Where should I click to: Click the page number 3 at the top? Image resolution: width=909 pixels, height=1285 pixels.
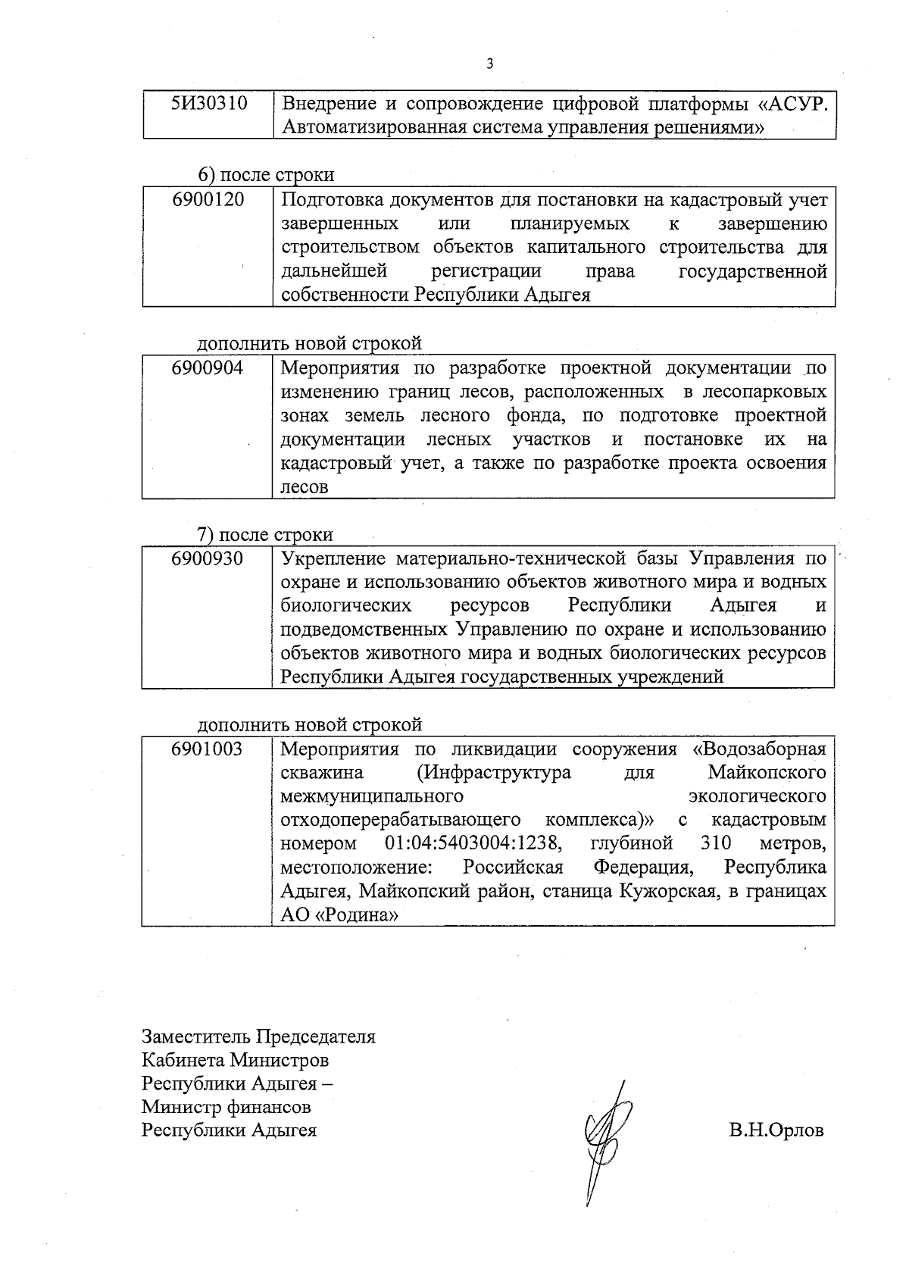point(489,64)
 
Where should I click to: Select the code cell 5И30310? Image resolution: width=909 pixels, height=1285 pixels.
point(209,104)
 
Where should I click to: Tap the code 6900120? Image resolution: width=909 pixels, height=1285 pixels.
point(208,200)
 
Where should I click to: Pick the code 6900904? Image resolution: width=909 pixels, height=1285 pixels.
point(208,369)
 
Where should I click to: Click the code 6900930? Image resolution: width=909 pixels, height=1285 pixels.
point(208,559)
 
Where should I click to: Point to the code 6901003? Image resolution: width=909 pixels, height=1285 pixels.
point(208,749)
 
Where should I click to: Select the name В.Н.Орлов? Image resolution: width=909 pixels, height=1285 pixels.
point(776,1131)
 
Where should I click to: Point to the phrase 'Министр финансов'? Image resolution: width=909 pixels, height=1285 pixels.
point(226,1107)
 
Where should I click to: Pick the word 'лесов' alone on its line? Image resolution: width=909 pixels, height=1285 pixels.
point(305,487)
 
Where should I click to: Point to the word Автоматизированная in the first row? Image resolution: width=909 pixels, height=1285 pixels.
point(373,127)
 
